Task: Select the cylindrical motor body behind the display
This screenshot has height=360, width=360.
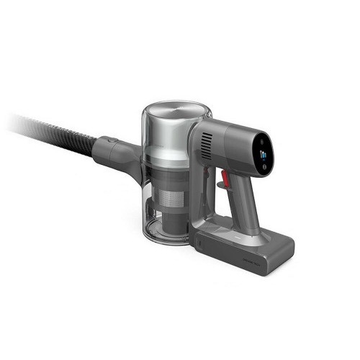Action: click(230, 144)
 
